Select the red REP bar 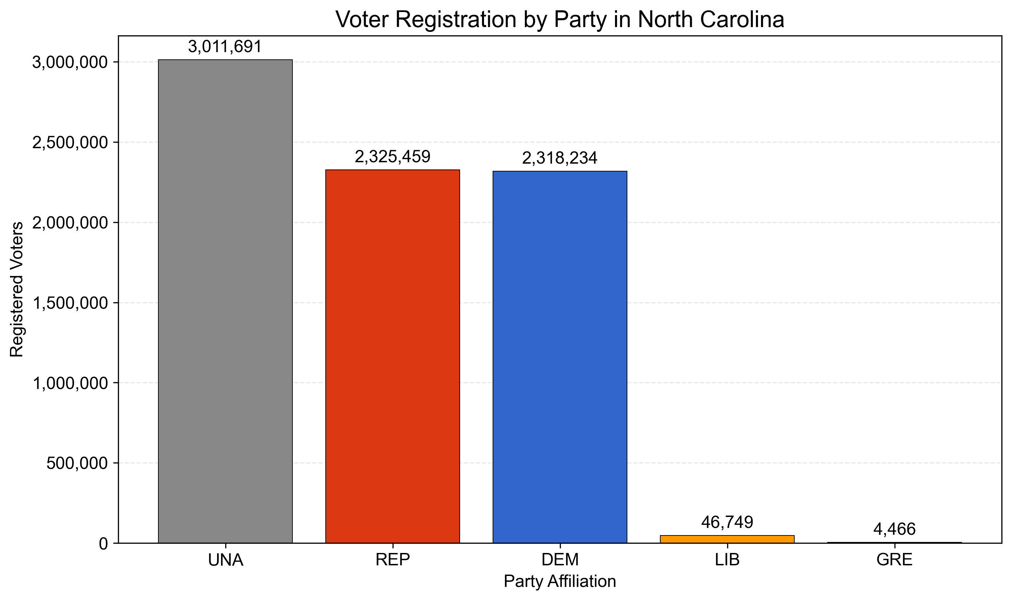[x=393, y=356]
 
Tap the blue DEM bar [x=559, y=357]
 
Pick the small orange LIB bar [x=727, y=539]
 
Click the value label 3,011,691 [x=225, y=47]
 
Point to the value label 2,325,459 [x=393, y=157]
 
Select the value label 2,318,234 [x=559, y=158]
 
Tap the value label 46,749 [x=727, y=522]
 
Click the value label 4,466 [x=894, y=529]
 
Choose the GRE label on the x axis [x=894, y=560]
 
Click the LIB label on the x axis [x=727, y=560]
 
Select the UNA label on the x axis [x=225, y=560]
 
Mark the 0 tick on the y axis [x=104, y=543]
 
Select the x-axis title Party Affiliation [x=559, y=581]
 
